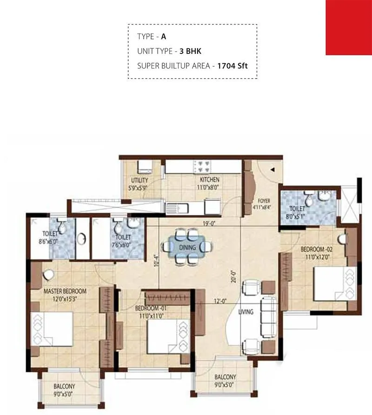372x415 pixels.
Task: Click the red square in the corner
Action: pos(349,27)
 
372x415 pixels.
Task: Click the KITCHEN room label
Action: pos(209,180)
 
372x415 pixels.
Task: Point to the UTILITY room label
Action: pos(139,180)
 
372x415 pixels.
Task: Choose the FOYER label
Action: pos(264,201)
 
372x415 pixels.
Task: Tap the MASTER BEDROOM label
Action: pos(65,291)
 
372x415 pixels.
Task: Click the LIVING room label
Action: pos(246,312)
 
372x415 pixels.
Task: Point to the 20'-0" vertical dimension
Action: pos(233,277)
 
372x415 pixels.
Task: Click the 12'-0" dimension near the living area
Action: pos(219,301)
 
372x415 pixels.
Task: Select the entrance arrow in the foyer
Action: pos(273,170)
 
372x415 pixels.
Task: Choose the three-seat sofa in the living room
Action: pos(269,318)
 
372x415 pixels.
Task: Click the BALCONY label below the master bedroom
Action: pos(64,386)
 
